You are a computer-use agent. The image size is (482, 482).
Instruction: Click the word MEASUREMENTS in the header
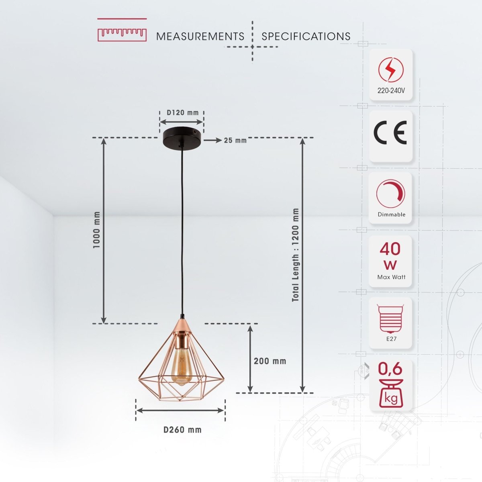[200, 37]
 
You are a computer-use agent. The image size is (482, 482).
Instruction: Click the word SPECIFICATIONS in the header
[306, 37]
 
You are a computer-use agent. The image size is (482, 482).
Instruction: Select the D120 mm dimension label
[183, 112]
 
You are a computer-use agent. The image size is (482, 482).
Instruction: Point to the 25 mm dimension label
[235, 140]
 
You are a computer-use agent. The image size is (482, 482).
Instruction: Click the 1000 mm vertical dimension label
[96, 230]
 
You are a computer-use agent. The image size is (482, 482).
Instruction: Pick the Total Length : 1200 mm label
[296, 255]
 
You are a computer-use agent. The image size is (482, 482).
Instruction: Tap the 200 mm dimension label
[270, 361]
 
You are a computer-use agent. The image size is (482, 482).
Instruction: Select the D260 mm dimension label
[183, 430]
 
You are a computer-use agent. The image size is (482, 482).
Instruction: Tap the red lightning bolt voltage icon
[390, 70]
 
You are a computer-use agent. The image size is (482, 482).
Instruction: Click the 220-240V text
[391, 91]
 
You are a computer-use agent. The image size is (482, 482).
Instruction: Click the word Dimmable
[391, 214]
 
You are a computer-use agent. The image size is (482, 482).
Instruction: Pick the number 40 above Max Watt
[390, 249]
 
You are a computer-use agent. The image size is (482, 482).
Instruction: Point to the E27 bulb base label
[391, 339]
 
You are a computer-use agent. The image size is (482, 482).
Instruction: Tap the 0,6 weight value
[390, 369]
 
